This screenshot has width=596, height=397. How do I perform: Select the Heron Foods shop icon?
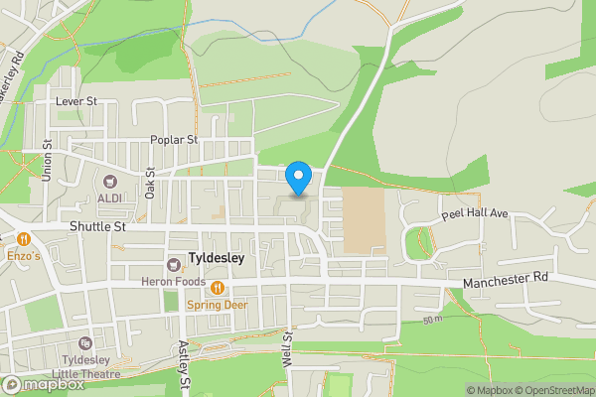click(174, 264)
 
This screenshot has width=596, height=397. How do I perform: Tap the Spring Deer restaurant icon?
click(217, 289)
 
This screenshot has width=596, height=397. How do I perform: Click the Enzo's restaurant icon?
click(22, 239)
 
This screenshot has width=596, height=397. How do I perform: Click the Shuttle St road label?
click(96, 226)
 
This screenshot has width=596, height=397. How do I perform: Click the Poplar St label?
click(174, 140)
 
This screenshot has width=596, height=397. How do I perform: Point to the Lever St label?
click(75, 101)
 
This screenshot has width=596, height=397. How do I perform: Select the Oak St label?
click(150, 184)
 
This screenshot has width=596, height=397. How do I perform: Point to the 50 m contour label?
click(431, 320)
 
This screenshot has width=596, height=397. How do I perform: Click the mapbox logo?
click(43, 384)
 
